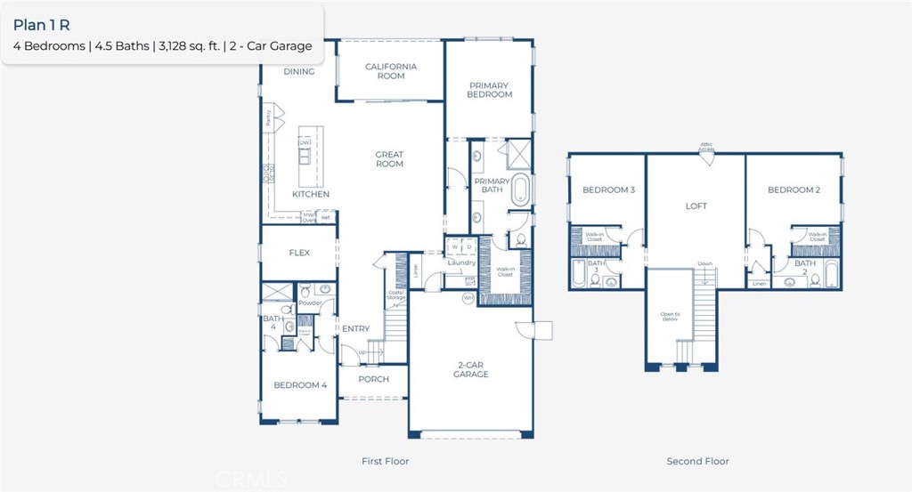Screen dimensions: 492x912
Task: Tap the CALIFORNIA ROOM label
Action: click(x=390, y=71)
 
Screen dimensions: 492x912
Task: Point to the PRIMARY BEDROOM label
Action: click(x=490, y=90)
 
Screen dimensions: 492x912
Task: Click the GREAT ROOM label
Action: click(x=389, y=159)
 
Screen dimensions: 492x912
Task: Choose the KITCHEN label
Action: click(x=311, y=194)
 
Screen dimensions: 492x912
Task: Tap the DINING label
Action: click(x=299, y=72)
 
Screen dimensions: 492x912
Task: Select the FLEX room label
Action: click(x=299, y=253)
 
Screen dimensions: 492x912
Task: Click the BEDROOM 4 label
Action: click(x=299, y=385)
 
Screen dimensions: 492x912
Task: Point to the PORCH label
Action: click(x=373, y=379)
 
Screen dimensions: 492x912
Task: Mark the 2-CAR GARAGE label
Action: click(x=470, y=369)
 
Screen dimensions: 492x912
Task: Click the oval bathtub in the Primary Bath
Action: click(x=519, y=190)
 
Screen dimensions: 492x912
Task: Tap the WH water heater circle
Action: click(x=468, y=299)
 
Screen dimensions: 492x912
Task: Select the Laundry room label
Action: click(x=461, y=262)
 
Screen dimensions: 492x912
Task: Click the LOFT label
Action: click(x=696, y=206)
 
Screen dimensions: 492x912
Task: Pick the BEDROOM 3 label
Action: click(x=608, y=190)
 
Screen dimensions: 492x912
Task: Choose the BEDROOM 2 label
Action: click(x=794, y=190)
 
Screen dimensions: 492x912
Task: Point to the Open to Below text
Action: click(x=670, y=316)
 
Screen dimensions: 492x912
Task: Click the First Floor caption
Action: click(x=385, y=462)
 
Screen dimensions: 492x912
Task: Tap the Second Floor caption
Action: click(x=697, y=462)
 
